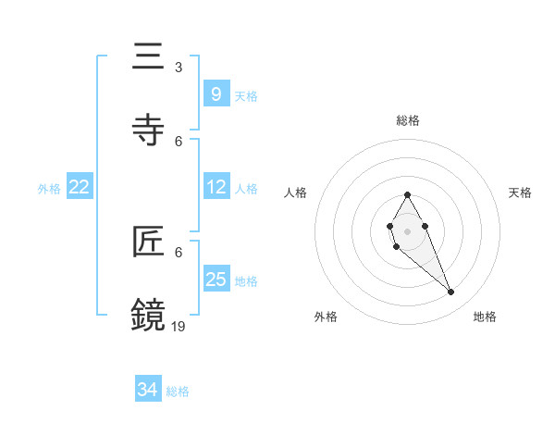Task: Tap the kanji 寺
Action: [x=148, y=130]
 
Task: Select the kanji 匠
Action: [x=148, y=242]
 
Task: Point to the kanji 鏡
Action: [x=148, y=316]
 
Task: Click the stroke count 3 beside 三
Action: [x=179, y=68]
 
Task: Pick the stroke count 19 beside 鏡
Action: [x=179, y=326]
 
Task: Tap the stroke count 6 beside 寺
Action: [x=179, y=142]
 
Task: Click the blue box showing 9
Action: [x=216, y=93]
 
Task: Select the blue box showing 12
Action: [x=216, y=187]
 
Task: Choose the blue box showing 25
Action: [x=216, y=280]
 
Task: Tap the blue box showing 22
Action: [x=80, y=187]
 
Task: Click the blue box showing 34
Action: [x=148, y=390]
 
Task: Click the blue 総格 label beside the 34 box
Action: [x=178, y=391]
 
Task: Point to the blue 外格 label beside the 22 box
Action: [x=49, y=189]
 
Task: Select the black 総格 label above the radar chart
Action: [x=408, y=120]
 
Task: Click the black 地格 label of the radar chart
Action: [x=485, y=317]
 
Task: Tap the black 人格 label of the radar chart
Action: [x=295, y=193]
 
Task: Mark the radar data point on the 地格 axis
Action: [x=450, y=292]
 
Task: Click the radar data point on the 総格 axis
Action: [x=407, y=194]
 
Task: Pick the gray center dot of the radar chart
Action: [x=407, y=231]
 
